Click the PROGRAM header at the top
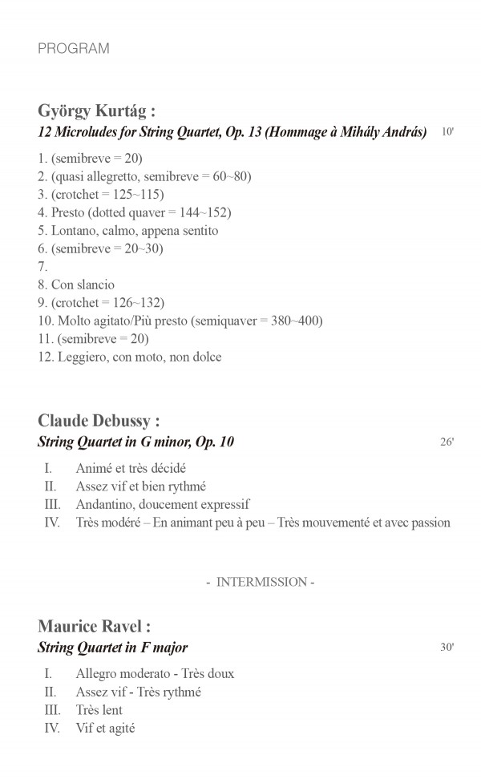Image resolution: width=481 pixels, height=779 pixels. [x=73, y=49]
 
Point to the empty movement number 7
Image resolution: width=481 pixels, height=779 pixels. [x=42, y=267]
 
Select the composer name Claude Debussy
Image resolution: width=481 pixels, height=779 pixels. [x=99, y=421]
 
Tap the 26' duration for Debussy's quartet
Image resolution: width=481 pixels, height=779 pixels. [x=447, y=442]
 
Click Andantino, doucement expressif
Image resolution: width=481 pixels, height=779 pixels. [x=163, y=504]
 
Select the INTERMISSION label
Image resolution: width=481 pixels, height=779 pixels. [x=261, y=582]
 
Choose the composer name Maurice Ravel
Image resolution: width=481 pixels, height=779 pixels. [x=94, y=627]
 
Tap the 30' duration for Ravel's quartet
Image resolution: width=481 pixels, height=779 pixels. [x=447, y=648]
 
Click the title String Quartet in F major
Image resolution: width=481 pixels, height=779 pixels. [x=112, y=648]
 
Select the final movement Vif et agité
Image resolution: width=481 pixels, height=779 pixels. [x=105, y=728]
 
